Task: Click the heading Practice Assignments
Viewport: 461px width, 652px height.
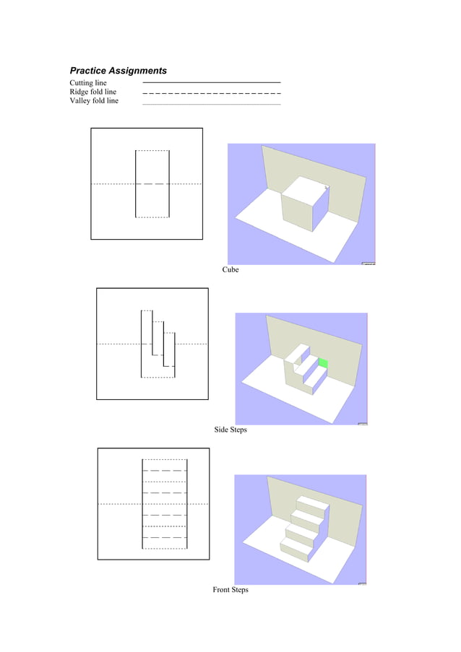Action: [x=118, y=71]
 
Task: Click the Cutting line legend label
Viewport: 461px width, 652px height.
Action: [x=88, y=83]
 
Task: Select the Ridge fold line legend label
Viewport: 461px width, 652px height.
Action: [x=92, y=92]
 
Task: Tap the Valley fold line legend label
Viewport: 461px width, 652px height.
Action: [x=94, y=101]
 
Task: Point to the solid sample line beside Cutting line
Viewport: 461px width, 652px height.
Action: [x=212, y=83]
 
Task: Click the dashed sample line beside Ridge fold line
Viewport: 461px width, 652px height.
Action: [x=212, y=93]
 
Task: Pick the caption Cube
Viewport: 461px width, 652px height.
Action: [x=230, y=270]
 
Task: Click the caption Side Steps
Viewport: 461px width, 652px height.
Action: [x=230, y=430]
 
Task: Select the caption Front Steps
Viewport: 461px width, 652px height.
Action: [x=230, y=590]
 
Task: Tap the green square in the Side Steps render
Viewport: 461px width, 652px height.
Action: [x=323, y=362]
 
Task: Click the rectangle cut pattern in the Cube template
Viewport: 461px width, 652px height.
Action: [x=152, y=183]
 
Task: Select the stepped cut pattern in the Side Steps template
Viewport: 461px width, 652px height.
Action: [x=158, y=344]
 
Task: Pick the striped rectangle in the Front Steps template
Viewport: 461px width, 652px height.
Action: [x=165, y=503]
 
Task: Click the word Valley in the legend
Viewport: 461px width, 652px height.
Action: [x=80, y=101]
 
